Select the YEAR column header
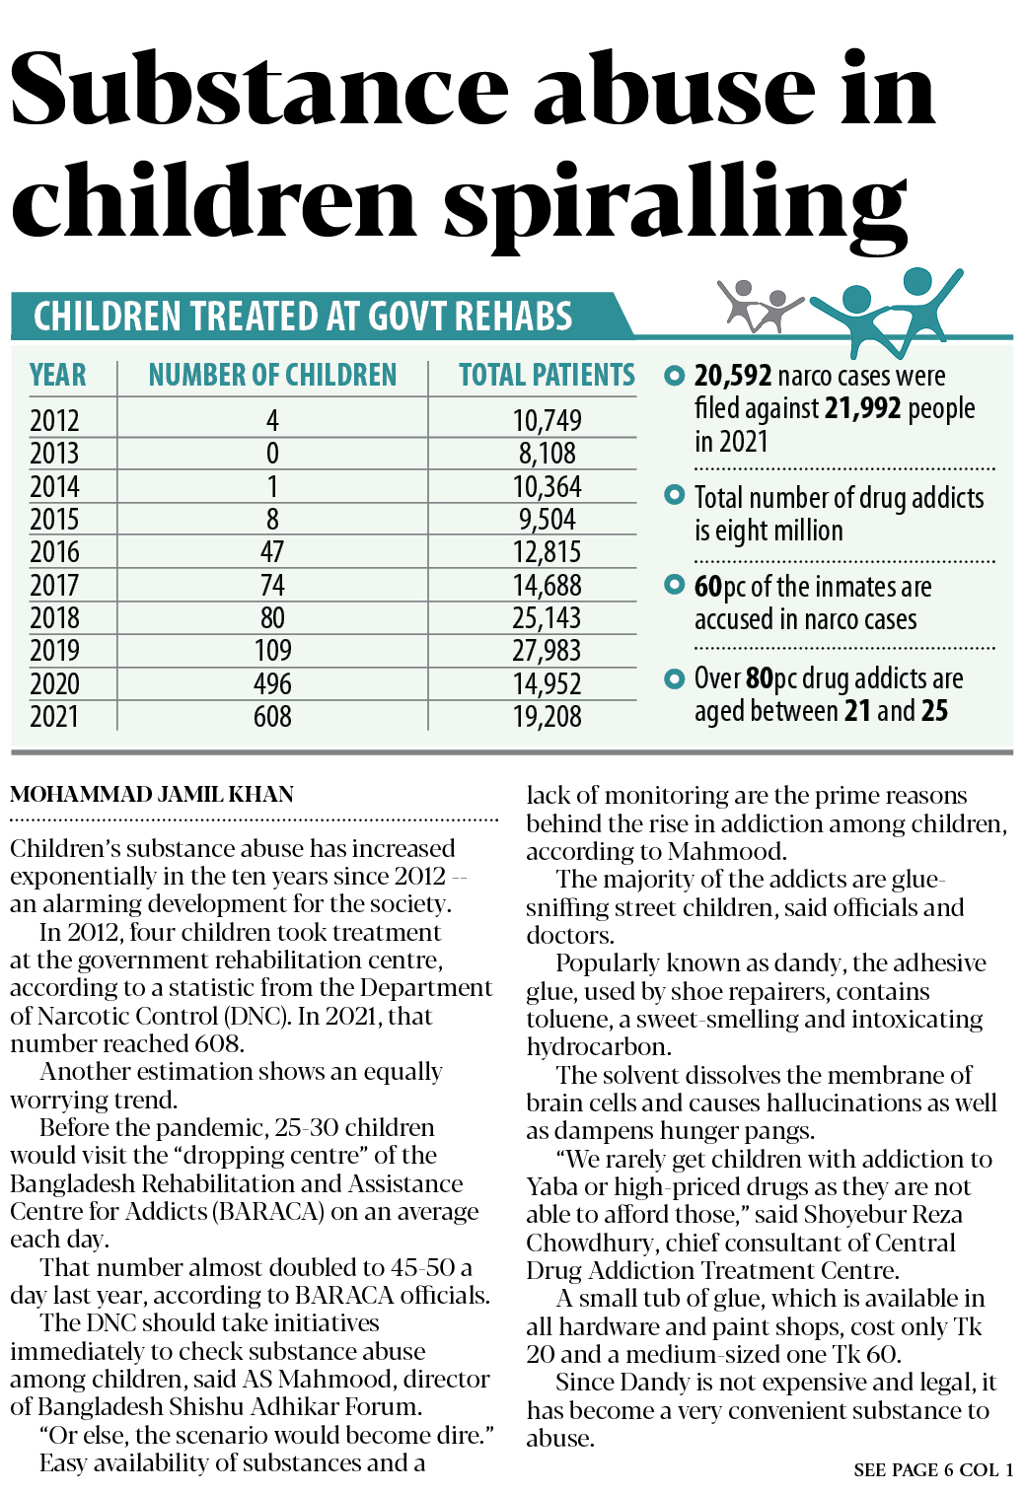pyautogui.click(x=57, y=376)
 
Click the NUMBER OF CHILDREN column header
pyautogui.click(x=272, y=376)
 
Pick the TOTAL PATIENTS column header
pyautogui.click(x=547, y=376)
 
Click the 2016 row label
pyautogui.click(x=54, y=552)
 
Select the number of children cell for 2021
pyautogui.click(x=272, y=717)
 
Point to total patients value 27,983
pyautogui.click(x=547, y=651)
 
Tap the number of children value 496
pyautogui.click(x=272, y=684)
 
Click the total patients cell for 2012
pyautogui.click(x=547, y=421)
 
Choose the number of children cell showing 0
pyautogui.click(x=272, y=454)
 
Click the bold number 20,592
pyautogui.click(x=732, y=376)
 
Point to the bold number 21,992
pyautogui.click(x=863, y=408)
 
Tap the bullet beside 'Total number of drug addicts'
pyautogui.click(x=675, y=494)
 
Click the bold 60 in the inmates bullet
pyautogui.click(x=707, y=587)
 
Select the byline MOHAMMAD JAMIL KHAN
pyautogui.click(x=152, y=795)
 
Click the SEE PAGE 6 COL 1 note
pyautogui.click(x=933, y=1470)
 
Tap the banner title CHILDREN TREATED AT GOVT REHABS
pyautogui.click(x=303, y=318)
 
